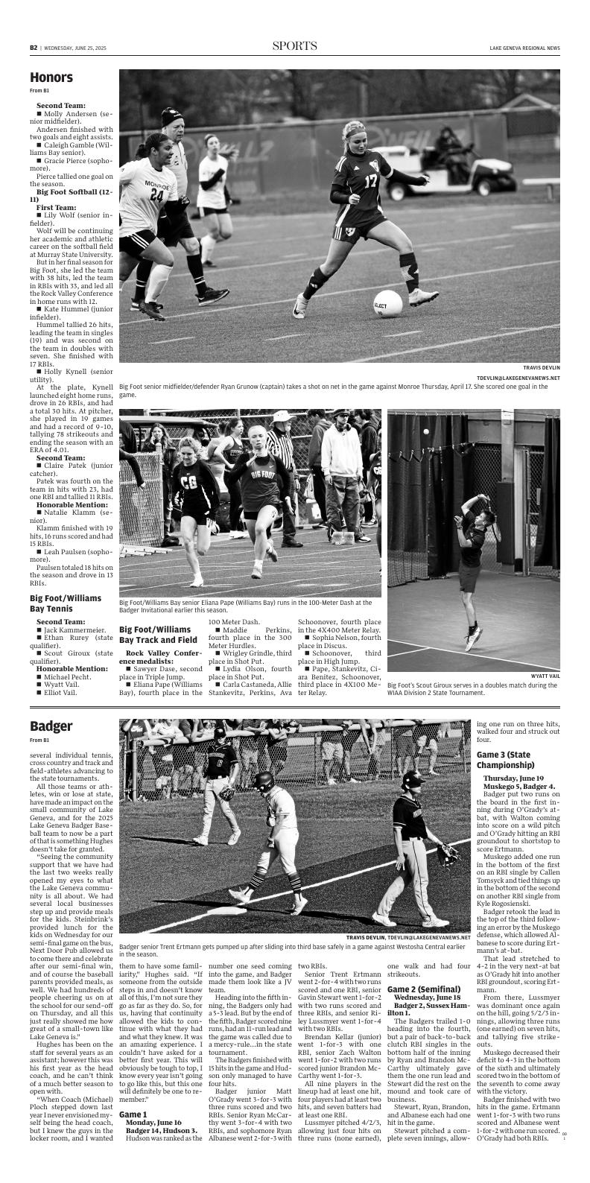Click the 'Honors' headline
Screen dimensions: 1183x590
pyautogui.click(x=51, y=77)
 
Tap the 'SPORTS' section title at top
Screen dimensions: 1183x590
pyautogui.click(x=294, y=46)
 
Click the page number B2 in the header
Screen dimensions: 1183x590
pyautogui.click(x=34, y=48)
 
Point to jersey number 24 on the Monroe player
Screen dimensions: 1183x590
pyautogui.click(x=156, y=195)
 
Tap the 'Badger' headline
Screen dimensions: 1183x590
pyautogui.click(x=51, y=726)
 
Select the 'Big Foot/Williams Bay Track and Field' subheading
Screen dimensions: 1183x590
pyautogui.click(x=158, y=635)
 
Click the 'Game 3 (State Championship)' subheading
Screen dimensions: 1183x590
pyautogui.click(x=506, y=760)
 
